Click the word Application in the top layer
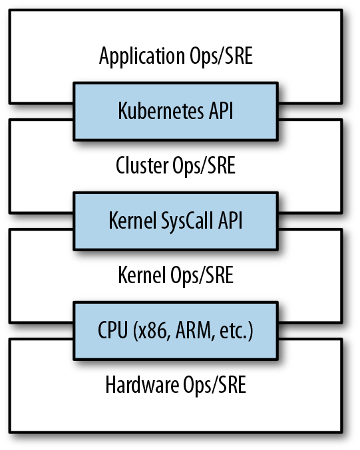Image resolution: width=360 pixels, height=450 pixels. pos(138,56)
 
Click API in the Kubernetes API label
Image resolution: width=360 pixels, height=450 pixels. pos(218,110)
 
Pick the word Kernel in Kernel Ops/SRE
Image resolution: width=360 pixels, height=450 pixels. pos(142,275)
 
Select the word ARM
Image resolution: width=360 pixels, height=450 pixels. pos(190,330)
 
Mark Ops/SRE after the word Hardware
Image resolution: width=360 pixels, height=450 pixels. pos(214,385)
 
